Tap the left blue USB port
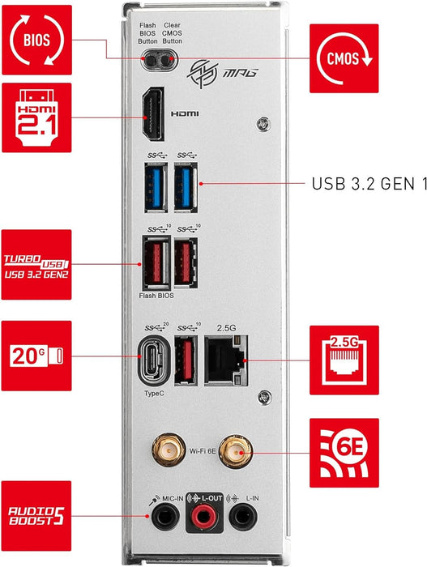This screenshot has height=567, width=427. click(x=154, y=186)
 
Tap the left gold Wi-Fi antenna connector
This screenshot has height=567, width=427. click(x=169, y=447)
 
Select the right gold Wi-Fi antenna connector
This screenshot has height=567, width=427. click(x=238, y=447)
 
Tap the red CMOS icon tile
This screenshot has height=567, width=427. click(x=344, y=58)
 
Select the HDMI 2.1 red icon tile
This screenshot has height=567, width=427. click(x=36, y=116)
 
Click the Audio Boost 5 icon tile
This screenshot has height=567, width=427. click(x=36, y=515)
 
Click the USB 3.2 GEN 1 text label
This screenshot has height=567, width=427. click(x=368, y=184)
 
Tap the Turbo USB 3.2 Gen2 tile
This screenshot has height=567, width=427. click(x=36, y=265)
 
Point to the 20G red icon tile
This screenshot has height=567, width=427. click(x=36, y=356)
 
